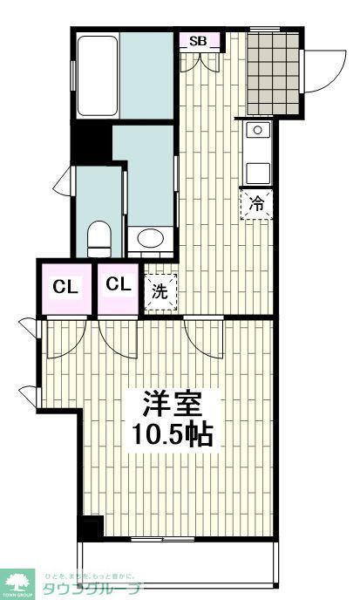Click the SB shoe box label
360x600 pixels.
[x=198, y=40]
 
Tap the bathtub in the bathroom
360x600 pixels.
[x=97, y=75]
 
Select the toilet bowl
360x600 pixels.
[x=100, y=235]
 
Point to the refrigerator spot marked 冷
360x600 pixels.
[x=257, y=204]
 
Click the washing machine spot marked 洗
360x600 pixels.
[x=160, y=290]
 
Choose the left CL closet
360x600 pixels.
[x=64, y=286]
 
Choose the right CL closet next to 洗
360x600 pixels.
[x=119, y=284]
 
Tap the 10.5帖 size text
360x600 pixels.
[x=173, y=435]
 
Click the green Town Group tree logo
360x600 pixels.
[x=17, y=582]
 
